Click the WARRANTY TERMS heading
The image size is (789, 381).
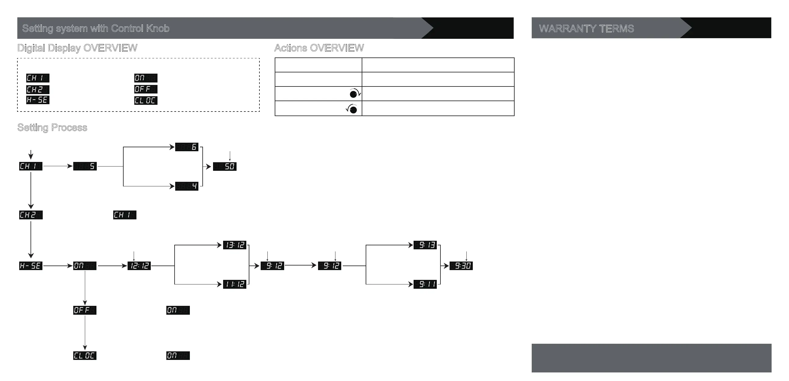click(x=586, y=28)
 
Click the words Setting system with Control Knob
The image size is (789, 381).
click(x=96, y=28)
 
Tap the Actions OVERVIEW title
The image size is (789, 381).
click(x=319, y=48)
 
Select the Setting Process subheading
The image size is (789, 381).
click(x=52, y=127)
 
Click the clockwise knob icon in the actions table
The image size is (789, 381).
click(x=355, y=93)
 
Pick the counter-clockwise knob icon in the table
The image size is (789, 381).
click(x=352, y=109)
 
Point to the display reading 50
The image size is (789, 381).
click(x=225, y=167)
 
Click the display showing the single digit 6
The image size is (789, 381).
click(x=187, y=147)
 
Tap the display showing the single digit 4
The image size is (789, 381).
click(x=187, y=186)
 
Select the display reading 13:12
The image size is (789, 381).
click(x=235, y=245)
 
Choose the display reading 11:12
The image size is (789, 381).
click(x=235, y=284)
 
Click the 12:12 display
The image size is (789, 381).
click(x=139, y=266)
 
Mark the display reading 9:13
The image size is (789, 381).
click(x=425, y=245)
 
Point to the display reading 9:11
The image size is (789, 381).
click(x=425, y=284)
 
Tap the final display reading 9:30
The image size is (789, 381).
click(x=461, y=266)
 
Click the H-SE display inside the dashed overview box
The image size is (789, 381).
click(x=38, y=100)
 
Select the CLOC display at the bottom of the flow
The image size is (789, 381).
click(x=85, y=356)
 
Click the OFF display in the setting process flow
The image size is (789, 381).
click(x=85, y=310)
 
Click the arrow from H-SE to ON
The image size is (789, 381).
click(x=58, y=266)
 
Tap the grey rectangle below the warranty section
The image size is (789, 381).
click(x=651, y=358)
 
